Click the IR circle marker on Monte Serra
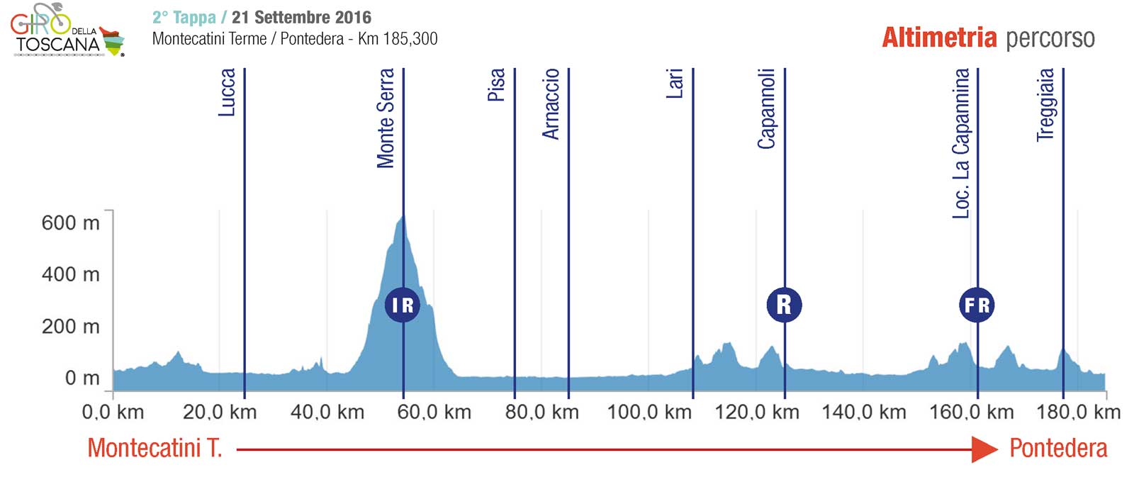(x=403, y=305)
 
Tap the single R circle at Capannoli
(x=784, y=305)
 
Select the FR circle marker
(x=977, y=305)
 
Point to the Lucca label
(x=227, y=92)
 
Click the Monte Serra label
(x=386, y=118)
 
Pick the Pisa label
(x=496, y=85)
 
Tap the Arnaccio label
(x=551, y=104)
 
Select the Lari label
(x=675, y=84)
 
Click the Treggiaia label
(x=1045, y=105)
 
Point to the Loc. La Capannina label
(x=960, y=143)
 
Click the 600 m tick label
(x=70, y=223)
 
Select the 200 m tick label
(x=70, y=327)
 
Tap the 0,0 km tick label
(x=113, y=412)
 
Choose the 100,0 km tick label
(x=649, y=412)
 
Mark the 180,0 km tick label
(x=1078, y=412)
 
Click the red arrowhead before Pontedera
(x=984, y=449)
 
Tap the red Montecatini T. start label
(x=155, y=448)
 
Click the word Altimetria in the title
(x=939, y=38)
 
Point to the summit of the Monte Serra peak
(x=403, y=215)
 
